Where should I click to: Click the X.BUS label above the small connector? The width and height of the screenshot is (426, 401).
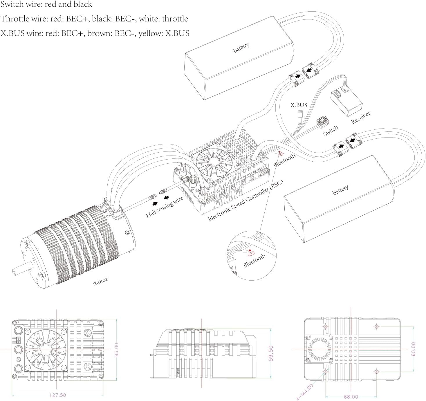(299, 105)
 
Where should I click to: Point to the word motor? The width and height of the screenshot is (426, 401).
(100, 281)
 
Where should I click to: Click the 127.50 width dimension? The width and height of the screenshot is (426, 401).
(57, 395)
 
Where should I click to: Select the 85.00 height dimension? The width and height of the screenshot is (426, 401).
(116, 350)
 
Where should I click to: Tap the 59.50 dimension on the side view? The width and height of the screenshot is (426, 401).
(271, 353)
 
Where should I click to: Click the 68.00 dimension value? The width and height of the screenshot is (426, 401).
(351, 397)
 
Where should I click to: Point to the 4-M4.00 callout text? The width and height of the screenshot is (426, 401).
(305, 392)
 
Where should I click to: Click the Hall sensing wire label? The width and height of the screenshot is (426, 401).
(164, 207)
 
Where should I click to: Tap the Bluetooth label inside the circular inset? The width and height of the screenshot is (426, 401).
(254, 260)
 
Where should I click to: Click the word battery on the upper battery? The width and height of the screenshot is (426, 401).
(241, 47)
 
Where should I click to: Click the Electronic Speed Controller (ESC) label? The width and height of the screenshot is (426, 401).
(246, 200)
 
